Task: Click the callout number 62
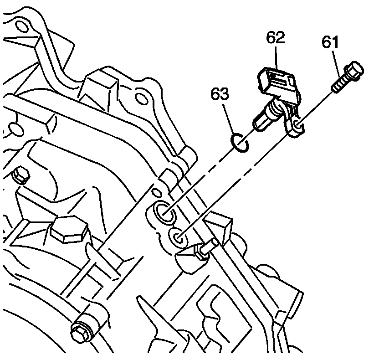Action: pos(276,37)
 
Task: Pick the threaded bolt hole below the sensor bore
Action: pos(178,237)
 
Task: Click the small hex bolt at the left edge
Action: pos(20,174)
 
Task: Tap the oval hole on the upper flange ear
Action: pos(142,98)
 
